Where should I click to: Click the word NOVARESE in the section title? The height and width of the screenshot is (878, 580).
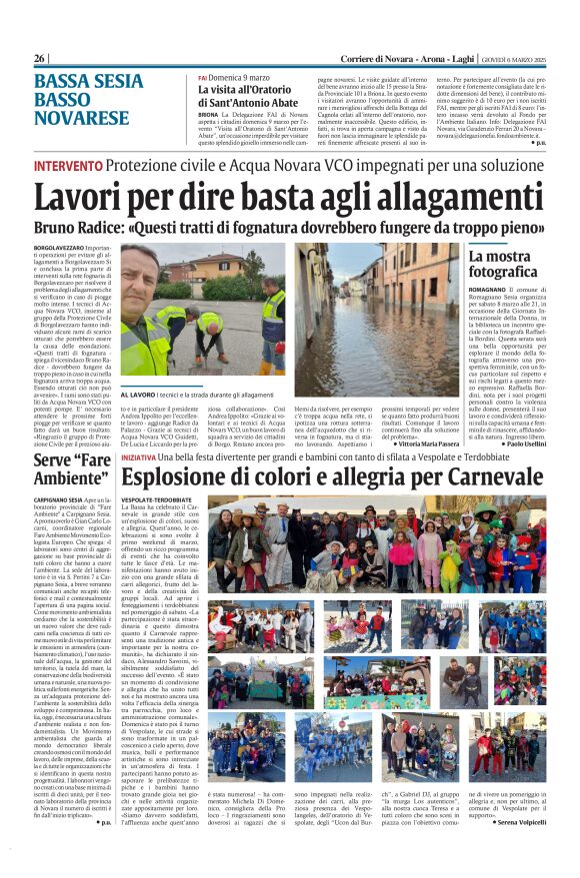(x=80, y=117)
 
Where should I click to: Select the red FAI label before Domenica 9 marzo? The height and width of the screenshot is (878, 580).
(x=202, y=78)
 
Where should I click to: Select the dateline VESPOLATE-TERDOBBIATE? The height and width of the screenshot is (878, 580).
(x=156, y=497)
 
